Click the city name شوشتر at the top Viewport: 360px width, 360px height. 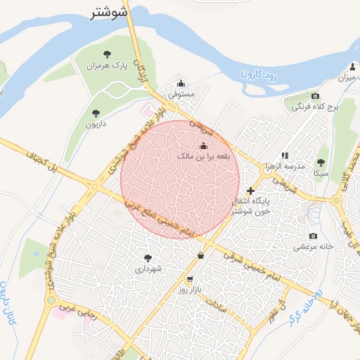pos(109,12)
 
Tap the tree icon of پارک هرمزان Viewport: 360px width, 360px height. pos(107,54)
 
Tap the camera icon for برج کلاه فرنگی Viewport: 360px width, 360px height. pos(315,96)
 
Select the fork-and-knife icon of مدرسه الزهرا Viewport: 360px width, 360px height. pos(284,155)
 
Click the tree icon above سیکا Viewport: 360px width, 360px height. pos(321,162)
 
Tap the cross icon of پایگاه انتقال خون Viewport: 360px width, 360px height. pos(251,190)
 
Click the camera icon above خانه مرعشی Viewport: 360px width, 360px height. pos(313,236)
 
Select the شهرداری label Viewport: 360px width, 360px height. pos(148,269)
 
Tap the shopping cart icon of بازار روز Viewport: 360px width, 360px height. pos(190,279)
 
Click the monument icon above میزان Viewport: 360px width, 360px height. pos(352,66)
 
